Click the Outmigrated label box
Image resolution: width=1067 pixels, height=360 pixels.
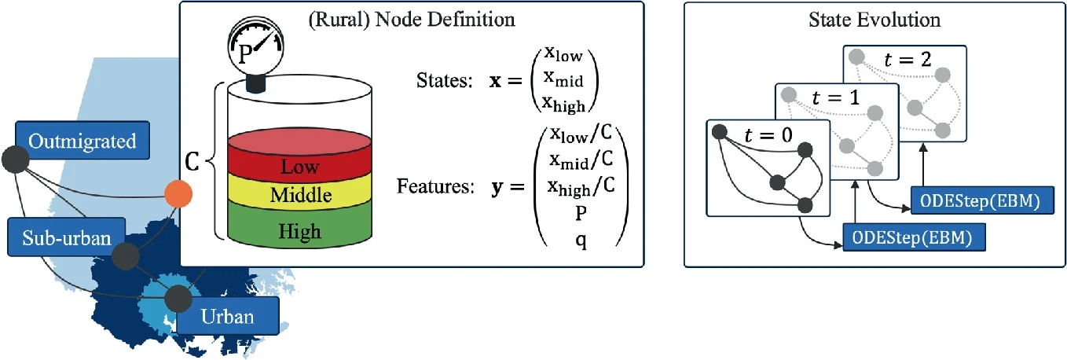82,142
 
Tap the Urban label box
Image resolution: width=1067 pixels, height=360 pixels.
227,317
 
